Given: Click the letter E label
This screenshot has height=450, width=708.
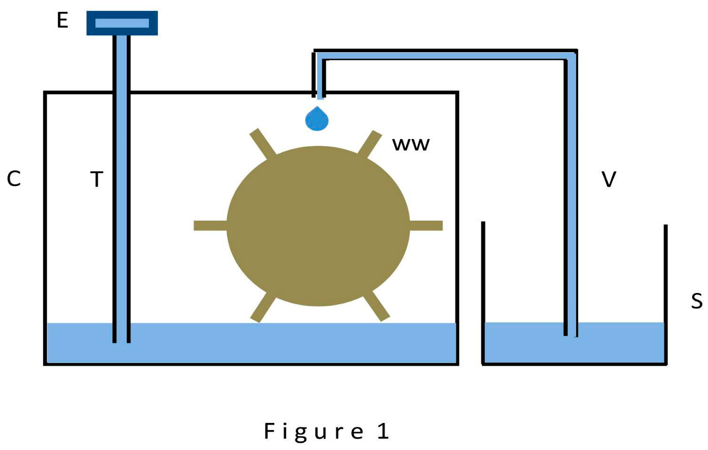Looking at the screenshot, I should tap(62, 20).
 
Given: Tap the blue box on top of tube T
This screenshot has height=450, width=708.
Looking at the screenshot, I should tap(122, 23).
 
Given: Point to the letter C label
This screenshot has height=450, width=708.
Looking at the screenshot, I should tap(14, 179).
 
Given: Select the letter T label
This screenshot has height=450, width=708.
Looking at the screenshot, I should tap(97, 179).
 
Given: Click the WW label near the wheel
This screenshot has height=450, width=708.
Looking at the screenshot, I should tap(411, 144).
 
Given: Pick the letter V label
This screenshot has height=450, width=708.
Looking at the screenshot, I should tap(609, 179).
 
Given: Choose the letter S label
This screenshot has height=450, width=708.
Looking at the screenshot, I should tap(696, 301).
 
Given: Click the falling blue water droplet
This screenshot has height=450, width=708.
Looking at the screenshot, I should tap(317, 119).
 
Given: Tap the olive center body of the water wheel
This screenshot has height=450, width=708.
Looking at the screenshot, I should tap(318, 226).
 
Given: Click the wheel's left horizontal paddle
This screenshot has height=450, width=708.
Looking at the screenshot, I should tap(210, 226).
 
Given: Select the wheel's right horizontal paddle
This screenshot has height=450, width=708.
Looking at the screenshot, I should tap(426, 226).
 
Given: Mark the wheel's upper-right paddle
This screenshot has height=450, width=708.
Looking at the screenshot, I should tap(370, 143).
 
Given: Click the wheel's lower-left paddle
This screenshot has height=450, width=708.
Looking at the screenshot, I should tap(263, 307).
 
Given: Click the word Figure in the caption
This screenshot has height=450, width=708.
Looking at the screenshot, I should tap(314, 432).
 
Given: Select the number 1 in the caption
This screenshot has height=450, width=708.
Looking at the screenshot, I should tap(383, 432).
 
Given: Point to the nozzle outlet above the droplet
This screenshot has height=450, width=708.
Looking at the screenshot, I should tap(320, 95).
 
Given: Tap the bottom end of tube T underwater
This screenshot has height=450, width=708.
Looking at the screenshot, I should tap(121, 341).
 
